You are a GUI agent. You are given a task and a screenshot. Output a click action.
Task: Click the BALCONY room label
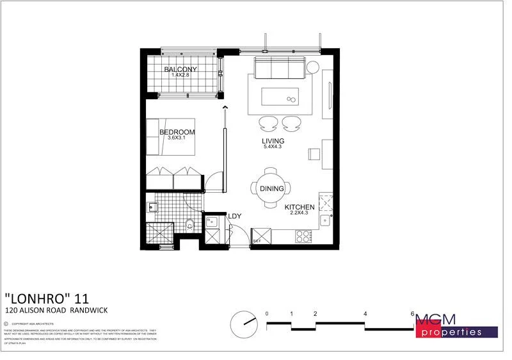180,69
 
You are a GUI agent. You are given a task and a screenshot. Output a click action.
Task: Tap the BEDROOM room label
177,132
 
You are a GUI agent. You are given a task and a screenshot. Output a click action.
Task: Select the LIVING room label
273,141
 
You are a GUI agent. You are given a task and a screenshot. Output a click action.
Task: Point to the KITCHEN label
300,207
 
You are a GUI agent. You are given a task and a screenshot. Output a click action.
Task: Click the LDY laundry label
235,216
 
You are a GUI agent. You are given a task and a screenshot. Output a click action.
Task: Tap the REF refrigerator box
262,237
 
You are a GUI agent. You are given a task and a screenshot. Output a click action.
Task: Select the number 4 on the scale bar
365,314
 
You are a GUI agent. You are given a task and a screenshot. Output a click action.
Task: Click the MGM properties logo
456,325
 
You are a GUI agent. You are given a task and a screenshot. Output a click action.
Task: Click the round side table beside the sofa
314,67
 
